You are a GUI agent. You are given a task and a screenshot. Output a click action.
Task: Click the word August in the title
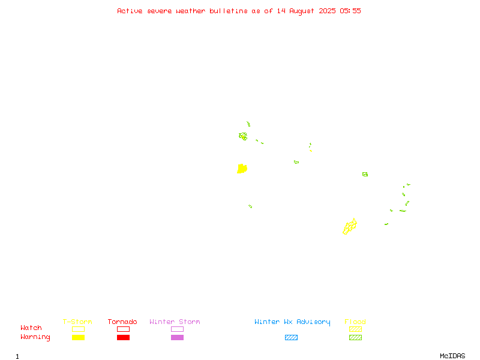click(x=302, y=11)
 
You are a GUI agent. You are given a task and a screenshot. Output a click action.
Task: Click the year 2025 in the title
click(x=327, y=11)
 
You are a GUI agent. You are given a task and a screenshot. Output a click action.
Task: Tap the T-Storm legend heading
click(x=77, y=322)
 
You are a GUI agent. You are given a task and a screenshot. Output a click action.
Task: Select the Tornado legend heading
click(x=122, y=322)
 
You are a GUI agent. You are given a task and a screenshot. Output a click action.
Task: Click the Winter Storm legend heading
click(x=175, y=322)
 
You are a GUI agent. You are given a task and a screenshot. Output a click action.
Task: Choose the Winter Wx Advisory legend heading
click(x=292, y=322)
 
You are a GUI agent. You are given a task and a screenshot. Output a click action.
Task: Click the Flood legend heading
click(x=355, y=322)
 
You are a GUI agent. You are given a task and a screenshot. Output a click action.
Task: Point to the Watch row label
click(x=31, y=328)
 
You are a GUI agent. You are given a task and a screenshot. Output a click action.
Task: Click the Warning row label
click(x=35, y=337)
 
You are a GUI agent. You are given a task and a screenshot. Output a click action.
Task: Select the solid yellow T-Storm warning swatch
click(x=79, y=337)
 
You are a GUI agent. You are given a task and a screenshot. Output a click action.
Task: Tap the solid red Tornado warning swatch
click(x=124, y=337)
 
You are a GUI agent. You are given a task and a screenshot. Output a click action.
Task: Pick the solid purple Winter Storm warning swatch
click(x=177, y=337)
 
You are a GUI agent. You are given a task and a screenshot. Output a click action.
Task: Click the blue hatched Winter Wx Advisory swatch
click(x=291, y=337)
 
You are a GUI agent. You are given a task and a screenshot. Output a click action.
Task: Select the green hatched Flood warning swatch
click(x=355, y=337)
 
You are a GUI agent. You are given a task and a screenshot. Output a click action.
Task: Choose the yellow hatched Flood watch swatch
click(x=355, y=329)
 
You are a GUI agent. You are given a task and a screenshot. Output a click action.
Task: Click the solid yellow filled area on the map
click(x=242, y=169)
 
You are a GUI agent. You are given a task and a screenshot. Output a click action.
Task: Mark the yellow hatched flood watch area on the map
click(x=350, y=227)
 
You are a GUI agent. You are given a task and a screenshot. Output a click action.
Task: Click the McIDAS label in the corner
click(x=452, y=356)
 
